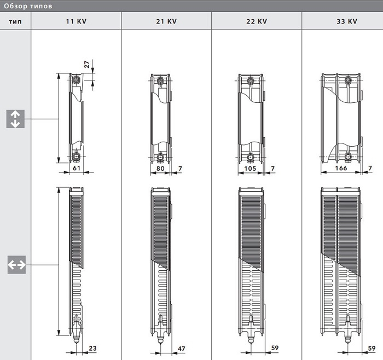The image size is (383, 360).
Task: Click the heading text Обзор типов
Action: point(28,6)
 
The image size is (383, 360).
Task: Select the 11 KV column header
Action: point(76,21)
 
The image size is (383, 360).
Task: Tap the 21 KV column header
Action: point(166,21)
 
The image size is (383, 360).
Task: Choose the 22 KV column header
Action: point(257,21)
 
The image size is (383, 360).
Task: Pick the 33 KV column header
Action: point(347,21)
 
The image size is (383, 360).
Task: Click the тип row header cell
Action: point(15,21)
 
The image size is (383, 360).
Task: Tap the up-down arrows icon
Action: point(15,119)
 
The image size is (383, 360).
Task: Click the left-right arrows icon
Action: point(16,265)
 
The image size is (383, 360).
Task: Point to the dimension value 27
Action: point(87,65)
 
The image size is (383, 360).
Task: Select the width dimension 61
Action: point(77,168)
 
